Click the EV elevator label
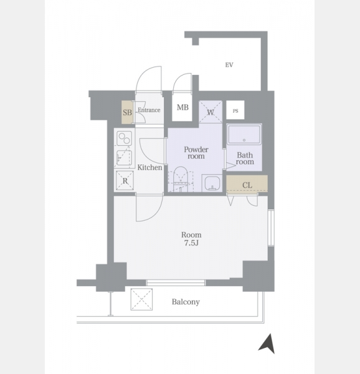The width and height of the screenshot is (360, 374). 229,65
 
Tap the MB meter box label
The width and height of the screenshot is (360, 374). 182,108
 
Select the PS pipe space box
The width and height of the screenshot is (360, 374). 235,110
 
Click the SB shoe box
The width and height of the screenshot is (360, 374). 128,112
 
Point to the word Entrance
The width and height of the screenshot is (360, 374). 149,110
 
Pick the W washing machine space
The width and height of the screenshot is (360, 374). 211,112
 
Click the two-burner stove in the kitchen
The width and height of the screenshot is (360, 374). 125,138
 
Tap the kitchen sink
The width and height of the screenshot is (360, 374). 124,158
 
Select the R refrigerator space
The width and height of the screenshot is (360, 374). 125,181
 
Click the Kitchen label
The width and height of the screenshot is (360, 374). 149,168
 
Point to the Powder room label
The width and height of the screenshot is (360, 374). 196,153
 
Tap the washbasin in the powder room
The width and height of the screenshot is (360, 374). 212,183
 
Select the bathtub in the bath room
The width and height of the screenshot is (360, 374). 244,134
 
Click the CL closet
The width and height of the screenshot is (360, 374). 247,184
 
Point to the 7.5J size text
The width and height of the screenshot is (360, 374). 191,243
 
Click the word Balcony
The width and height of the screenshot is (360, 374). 186,302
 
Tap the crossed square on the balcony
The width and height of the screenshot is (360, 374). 141,299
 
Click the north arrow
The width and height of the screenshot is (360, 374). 268,343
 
